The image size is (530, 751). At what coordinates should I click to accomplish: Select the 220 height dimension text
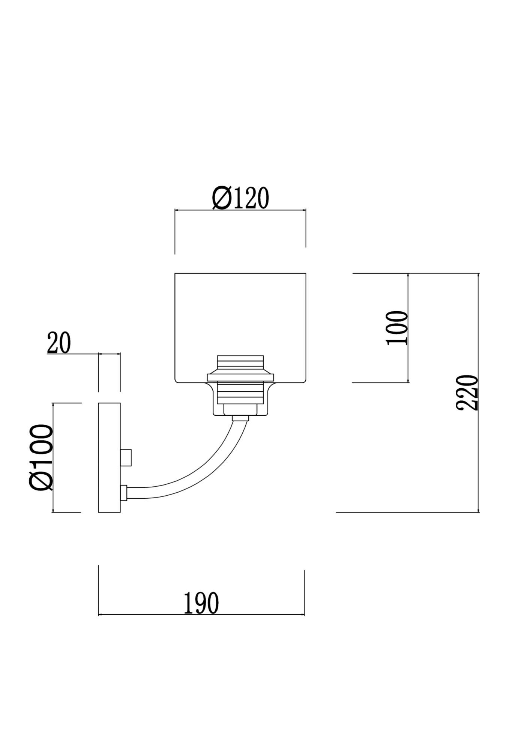coord(467,392)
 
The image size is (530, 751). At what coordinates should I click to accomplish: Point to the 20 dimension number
coord(59,343)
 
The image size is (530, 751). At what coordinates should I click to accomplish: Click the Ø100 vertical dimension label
coord(41,457)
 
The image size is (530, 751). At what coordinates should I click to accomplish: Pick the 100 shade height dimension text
coord(396,328)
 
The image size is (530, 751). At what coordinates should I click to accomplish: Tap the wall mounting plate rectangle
coord(109,457)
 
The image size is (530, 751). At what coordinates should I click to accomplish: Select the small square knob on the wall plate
coord(126,457)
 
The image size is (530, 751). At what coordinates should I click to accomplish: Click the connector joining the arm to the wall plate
coord(124,493)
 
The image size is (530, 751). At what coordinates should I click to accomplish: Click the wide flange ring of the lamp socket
coord(240,377)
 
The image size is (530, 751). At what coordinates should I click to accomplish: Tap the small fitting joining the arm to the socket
coord(240,418)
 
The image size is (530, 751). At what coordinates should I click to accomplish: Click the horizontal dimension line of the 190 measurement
coord(201,615)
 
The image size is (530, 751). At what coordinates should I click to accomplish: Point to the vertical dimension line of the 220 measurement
coord(478,393)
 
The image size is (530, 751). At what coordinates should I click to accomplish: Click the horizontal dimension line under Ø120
coord(240,210)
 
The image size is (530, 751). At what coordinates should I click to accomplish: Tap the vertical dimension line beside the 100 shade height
coord(408,328)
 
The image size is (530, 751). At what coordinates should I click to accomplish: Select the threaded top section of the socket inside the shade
coord(240,364)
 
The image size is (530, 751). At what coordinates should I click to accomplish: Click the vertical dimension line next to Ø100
coord(53,457)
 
